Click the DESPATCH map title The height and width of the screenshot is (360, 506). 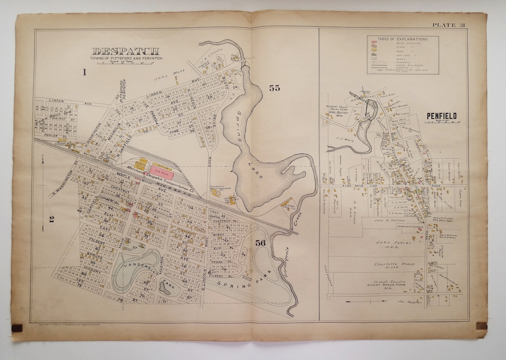click(x=126, y=51)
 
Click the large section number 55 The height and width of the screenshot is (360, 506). click(x=274, y=88)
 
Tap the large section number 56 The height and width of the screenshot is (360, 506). click(x=261, y=242)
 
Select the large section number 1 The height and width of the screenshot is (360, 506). click(x=85, y=72)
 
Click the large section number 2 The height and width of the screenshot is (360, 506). click(x=52, y=218)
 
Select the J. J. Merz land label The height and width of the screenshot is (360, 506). click(x=344, y=138)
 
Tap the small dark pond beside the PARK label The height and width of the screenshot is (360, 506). click(x=164, y=288)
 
